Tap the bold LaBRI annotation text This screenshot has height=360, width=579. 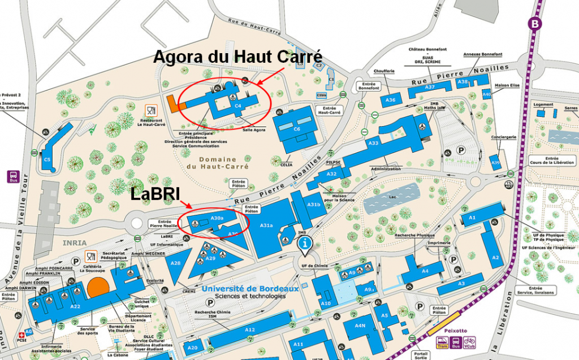pos(155,194)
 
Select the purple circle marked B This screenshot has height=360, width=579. pos(534,24)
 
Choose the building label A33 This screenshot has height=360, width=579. pos(373,144)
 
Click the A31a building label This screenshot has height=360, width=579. pos(267,225)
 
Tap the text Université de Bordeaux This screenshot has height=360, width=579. pos(243,288)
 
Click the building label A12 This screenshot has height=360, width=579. pos(250,329)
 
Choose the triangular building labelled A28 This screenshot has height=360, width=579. pos(175,263)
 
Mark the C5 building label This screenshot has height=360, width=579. pos(47,160)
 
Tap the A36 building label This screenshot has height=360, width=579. pos(390,100)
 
